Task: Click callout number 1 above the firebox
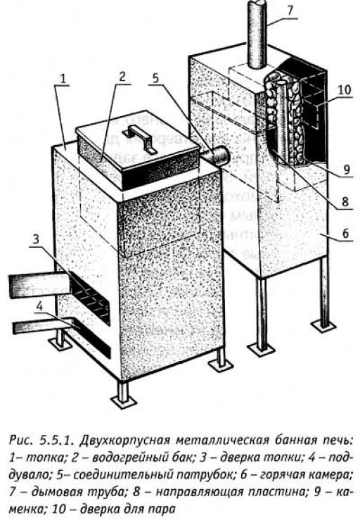[63, 78]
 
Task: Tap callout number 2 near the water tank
[122, 76]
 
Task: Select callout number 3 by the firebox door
[36, 239]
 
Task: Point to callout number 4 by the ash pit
[40, 307]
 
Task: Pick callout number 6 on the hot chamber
[346, 232]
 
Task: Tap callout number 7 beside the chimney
[290, 10]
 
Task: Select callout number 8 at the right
[345, 201]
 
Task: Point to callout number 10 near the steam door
[345, 90]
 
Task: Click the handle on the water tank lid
[140, 138]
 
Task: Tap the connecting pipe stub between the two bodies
[217, 156]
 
